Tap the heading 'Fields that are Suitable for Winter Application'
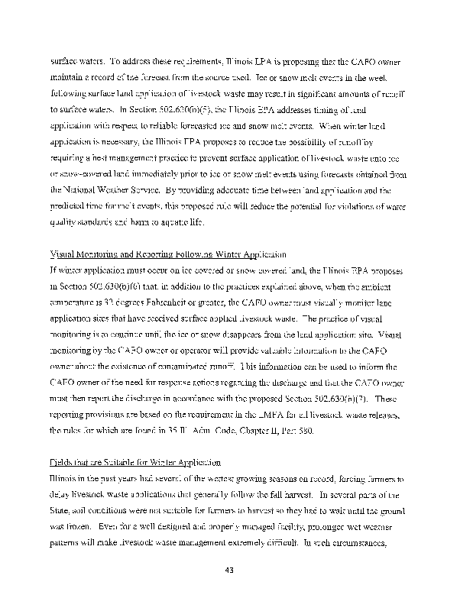pos(135,463)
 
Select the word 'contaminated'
pos(215,367)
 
